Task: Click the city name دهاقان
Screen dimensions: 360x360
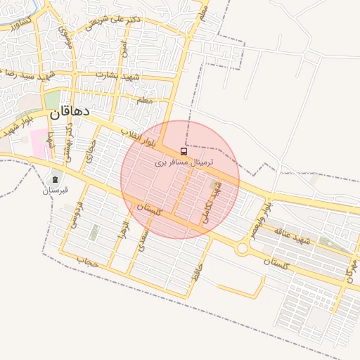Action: click(x=69, y=112)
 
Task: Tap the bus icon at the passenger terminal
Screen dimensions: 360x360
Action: click(x=184, y=151)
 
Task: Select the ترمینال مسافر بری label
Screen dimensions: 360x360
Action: click(x=184, y=162)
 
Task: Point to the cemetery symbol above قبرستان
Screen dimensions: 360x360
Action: click(x=56, y=179)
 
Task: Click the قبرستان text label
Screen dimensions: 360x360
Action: click(x=55, y=190)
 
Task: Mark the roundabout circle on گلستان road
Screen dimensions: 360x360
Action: click(x=243, y=247)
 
